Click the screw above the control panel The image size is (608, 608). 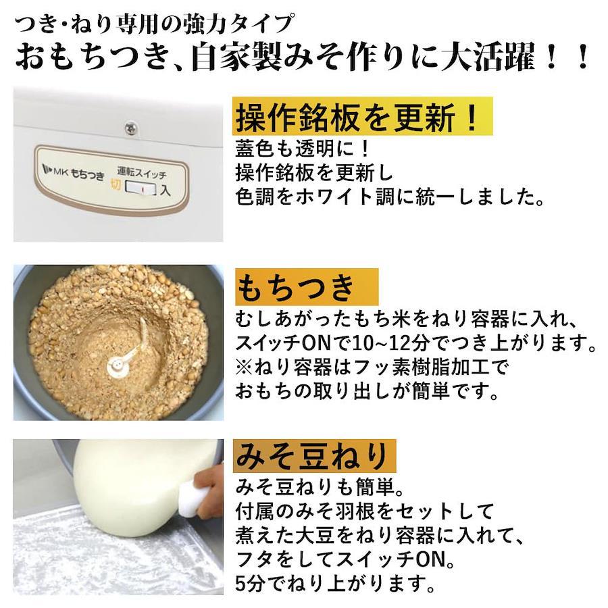click(130, 128)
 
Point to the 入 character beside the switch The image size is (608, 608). click(166, 190)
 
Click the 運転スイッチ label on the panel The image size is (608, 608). click(142, 172)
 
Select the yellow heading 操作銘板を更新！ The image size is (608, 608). click(356, 117)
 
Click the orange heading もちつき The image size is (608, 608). click(295, 287)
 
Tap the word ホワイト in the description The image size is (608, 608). click(335, 197)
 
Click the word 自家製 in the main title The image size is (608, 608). click(237, 57)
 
